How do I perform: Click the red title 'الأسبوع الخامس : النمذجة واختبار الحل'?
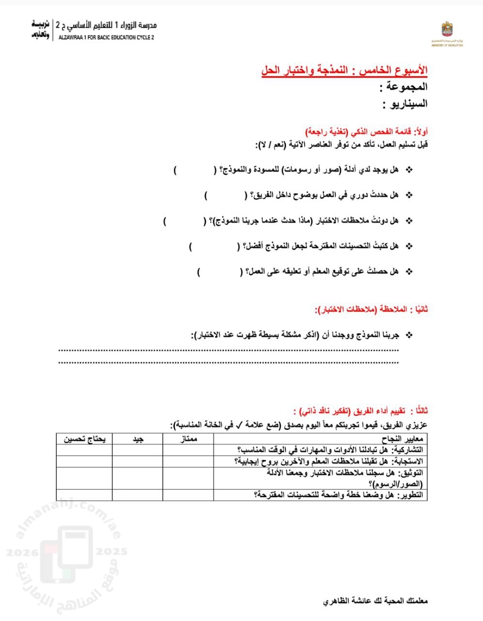pos(344,70)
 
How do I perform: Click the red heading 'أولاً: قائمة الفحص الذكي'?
pos(367,132)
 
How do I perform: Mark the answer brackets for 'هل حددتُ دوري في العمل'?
pos(225,195)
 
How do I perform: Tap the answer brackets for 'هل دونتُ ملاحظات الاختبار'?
pos(185,221)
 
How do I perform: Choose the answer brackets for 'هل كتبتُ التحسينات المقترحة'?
pos(215,246)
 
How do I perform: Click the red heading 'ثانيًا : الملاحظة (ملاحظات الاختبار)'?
pos(371,309)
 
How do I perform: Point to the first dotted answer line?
pos(228,350)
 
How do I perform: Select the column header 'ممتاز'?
pos(187,439)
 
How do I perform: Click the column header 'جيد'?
pos(138,439)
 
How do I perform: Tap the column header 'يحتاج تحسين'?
pos(84,439)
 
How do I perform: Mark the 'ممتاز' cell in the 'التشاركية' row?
pos(187,450)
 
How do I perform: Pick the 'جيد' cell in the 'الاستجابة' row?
pos(138,460)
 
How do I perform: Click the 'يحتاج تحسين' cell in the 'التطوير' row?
pos(84,495)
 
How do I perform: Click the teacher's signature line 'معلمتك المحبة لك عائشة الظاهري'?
pos(375,601)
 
